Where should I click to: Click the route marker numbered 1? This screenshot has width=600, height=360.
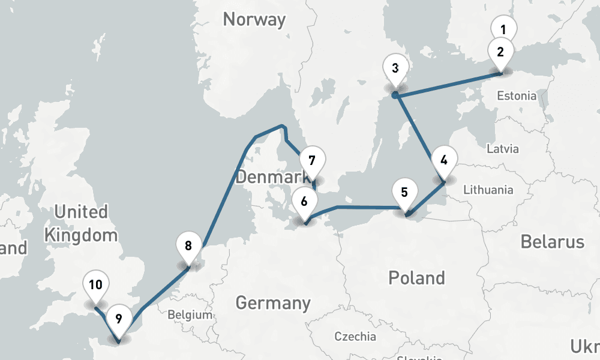coord(503,29)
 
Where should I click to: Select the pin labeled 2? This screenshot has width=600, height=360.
coord(500,51)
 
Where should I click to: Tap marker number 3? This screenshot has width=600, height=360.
coord(395,68)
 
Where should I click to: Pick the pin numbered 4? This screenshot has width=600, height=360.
coord(443,160)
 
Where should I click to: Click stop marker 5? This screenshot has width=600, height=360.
coord(404,193)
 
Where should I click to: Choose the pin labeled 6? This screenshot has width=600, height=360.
coord(304,201)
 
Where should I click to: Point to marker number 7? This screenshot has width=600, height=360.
coord(311,161)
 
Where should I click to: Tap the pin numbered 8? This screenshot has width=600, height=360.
coord(188,245)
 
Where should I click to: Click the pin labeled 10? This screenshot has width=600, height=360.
coord(95,285)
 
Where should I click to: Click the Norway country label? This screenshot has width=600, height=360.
coord(254,19)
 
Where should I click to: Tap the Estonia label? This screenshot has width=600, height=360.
coord(517,95)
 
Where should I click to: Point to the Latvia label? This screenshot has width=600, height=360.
coord(503,149)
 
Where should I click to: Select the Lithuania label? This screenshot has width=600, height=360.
coord(488,190)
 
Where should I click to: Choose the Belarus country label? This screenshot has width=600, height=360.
coord(552,242)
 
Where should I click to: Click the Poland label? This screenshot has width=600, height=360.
coord(416,278)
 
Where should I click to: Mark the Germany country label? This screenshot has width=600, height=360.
coord(273,303)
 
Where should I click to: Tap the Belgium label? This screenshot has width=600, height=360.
coord(190,314)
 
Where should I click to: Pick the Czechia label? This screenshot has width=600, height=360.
coord(355,337)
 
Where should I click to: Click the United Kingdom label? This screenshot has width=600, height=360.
coord(81,223)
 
